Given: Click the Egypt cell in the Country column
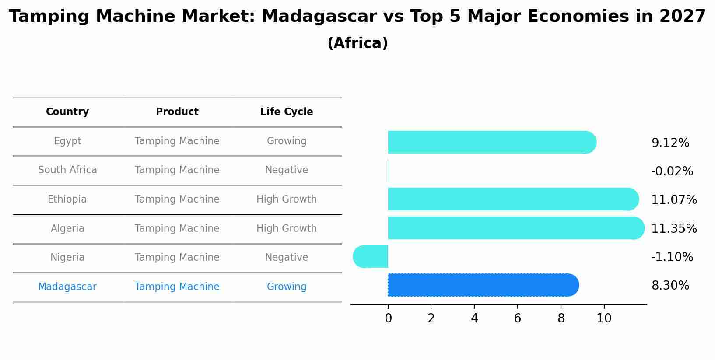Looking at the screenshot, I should coord(67,141).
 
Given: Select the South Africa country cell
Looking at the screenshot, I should coord(67,170).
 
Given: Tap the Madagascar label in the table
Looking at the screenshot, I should coord(67,287).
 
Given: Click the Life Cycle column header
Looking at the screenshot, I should coord(287,112).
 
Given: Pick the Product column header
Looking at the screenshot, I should coord(177,112).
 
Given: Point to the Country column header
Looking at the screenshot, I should coord(67,112).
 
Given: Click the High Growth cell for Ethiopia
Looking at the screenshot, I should coord(287,199).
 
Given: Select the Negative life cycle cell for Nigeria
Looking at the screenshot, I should coord(287,258).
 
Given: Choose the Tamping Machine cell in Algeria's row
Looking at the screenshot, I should coord(177,229).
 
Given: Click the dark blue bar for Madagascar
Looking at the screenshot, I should coord(481,285).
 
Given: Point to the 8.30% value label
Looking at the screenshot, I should coord(670,286).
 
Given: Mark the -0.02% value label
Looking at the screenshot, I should coord(672,171).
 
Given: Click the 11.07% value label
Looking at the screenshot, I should coord(674,200).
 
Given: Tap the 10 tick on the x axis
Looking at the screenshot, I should coord(604,318).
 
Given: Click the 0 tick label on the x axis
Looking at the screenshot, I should coord(388,318).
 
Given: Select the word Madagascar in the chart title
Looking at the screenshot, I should coord(319,17).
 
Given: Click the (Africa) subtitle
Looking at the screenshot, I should coord(357,43).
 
